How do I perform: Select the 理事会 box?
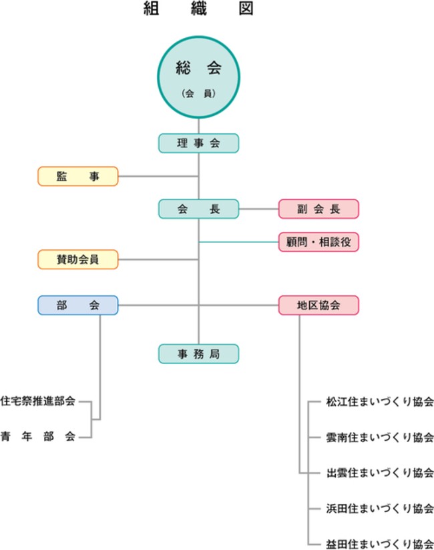click(198, 143)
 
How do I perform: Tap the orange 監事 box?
click(77, 176)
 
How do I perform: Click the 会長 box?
click(198, 209)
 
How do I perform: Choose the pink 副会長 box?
click(318, 209)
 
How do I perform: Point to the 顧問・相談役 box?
click(318, 241)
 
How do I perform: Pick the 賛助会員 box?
click(77, 259)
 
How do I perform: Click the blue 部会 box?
click(77, 305)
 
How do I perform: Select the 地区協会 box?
click(318, 305)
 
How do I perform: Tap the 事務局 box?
click(198, 353)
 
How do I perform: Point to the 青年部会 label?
click(38, 437)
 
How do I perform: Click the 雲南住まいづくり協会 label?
click(380, 437)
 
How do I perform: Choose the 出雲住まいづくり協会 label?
click(380, 473)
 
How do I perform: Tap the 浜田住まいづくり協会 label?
click(380, 508)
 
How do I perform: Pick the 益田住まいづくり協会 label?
click(380, 543)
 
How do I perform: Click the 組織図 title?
click(198, 9)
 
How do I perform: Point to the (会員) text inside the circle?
click(198, 94)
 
